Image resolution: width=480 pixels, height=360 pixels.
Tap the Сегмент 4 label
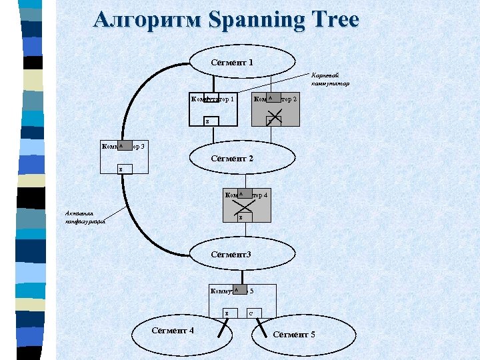coord(173,331)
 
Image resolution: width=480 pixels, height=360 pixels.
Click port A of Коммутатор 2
coord(272,99)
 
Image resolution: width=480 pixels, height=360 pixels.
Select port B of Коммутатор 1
coord(207,122)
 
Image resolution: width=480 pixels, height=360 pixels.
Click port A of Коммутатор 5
coord(237,290)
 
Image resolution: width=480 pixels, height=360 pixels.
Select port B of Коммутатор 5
coord(227,313)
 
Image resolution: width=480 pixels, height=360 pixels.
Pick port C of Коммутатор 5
coord(251,313)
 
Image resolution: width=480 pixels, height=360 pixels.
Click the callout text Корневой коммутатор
coord(329,79)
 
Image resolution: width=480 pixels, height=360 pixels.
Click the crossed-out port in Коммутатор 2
coord(273,121)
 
